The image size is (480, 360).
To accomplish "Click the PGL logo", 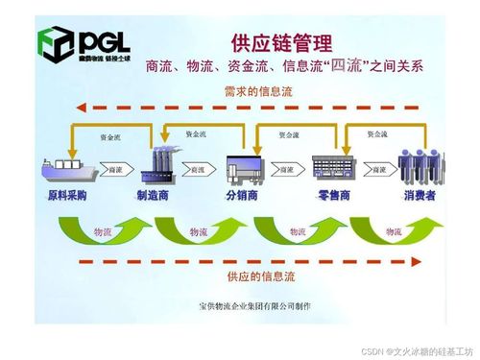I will (82, 44).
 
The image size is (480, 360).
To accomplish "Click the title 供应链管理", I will (281, 43).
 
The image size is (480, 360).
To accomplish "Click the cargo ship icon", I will (66, 168).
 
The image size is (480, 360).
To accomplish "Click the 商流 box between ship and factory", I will (113, 169).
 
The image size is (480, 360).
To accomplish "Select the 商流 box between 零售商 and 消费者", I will (377, 169).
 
